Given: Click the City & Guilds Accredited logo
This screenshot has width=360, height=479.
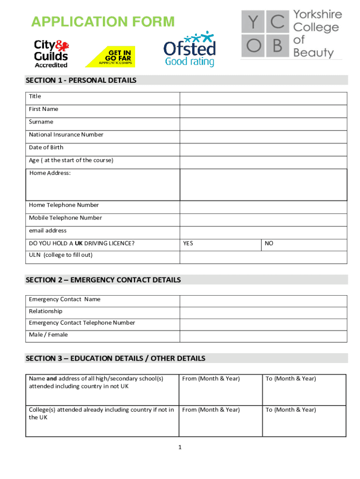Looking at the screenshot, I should pos(51,54).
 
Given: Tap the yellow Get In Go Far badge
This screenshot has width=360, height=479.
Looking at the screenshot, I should pos(110,57).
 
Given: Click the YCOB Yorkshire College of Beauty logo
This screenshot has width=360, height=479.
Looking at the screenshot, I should pos(291,34).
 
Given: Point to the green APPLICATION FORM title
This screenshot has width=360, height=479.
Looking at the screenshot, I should pos(102,22).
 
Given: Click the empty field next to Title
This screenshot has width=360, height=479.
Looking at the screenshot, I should pos(263,98).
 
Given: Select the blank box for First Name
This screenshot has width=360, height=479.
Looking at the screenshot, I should pos(263,111).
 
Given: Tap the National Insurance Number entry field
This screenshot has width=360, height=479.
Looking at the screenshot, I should pos(263,137).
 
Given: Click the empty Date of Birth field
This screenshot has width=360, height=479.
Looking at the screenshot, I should pos(263,150).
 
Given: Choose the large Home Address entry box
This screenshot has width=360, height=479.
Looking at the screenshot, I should pos(263,185).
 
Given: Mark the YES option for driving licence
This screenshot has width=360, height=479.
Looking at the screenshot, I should pos(188,244).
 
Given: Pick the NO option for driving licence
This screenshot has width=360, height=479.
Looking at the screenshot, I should pos(269,244).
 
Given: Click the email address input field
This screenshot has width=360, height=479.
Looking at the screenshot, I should pos(263,232).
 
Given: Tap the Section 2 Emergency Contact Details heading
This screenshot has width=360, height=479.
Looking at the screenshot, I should pos(103,280).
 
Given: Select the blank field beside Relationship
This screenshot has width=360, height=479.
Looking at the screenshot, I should pos(263,312).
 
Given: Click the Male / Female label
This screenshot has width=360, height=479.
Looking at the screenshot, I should pos(48,335).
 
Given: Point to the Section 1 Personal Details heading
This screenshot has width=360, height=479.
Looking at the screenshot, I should pos(81,80).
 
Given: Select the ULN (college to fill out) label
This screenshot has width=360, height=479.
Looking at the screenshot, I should pos(61,255).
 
